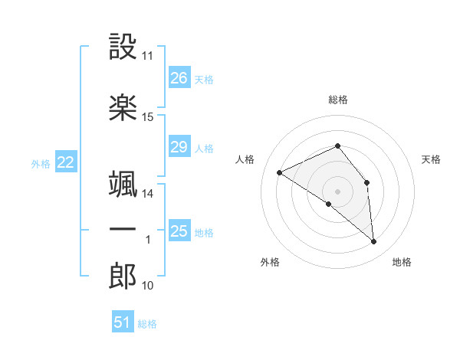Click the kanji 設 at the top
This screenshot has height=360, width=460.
tap(123, 47)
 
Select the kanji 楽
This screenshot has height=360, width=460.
tap(123, 107)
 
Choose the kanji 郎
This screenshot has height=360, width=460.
tap(123, 277)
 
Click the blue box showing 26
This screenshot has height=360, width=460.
tap(179, 78)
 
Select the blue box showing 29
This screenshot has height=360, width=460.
tap(179, 147)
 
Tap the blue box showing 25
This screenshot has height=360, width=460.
tap(179, 231)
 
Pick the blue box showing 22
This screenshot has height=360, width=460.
tap(65, 162)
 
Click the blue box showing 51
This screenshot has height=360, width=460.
tap(123, 322)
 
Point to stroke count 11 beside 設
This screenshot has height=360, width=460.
tap(147, 57)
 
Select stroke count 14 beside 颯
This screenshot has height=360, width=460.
tap(147, 194)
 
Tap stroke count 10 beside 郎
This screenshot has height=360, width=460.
tap(147, 286)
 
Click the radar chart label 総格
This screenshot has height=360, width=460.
tap(338, 100)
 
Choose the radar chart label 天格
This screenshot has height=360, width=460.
tap(431, 159)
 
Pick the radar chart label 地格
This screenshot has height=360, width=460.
tap(402, 262)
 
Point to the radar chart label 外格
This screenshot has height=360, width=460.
tap(270, 262)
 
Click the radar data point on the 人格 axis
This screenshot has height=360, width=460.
tap(280, 172)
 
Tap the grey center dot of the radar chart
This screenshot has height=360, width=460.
tap(337, 191)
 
